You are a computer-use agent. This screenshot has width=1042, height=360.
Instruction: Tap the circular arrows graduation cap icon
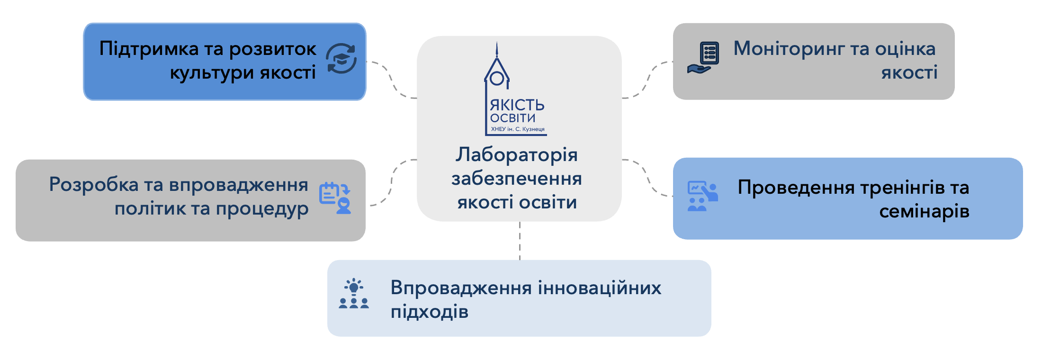click(x=341, y=59)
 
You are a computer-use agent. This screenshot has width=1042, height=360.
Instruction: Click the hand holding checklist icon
click(x=703, y=58)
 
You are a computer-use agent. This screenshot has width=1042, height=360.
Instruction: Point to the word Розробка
click(x=93, y=185)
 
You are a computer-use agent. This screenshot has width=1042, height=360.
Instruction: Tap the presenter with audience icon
click(x=703, y=196)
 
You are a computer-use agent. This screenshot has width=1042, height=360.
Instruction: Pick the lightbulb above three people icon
click(x=354, y=294)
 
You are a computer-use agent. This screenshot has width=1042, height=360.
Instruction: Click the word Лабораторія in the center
click(x=517, y=155)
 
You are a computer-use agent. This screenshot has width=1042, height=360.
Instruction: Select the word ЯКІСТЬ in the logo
click(x=517, y=105)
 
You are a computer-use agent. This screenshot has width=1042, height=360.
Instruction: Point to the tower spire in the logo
click(x=497, y=50)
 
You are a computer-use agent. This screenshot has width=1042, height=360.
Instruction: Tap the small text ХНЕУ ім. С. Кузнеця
click(x=518, y=129)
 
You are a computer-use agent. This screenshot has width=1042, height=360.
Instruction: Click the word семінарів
click(x=924, y=212)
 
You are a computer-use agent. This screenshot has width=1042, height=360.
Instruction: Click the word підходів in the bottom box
click(x=430, y=312)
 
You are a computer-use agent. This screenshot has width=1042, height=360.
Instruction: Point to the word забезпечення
click(x=517, y=179)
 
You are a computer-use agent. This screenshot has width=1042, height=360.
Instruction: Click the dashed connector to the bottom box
click(x=520, y=241)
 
